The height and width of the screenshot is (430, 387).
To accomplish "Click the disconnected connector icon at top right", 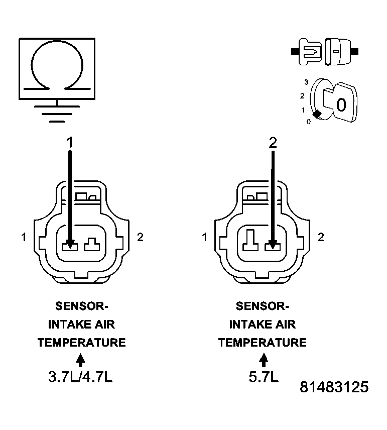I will tap(324, 51).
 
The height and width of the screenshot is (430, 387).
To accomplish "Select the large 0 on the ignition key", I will tap(341, 105).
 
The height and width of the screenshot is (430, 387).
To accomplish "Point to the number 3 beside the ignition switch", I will tap(306, 81).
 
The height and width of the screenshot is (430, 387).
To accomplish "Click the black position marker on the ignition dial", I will tap(317, 114).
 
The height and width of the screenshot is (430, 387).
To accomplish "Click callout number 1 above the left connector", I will tap(70, 143).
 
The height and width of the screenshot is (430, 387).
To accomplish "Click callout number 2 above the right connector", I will tap(273, 143).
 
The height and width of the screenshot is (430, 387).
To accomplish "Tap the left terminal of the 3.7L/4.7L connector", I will tap(69, 246).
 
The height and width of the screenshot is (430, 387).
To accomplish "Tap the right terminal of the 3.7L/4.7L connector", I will tap(92, 246).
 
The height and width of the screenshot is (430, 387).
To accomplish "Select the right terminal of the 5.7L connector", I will tap(273, 246).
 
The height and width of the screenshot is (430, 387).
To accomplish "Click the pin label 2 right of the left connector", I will tap(140, 237).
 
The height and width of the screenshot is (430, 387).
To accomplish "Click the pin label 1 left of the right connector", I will tap(204, 237).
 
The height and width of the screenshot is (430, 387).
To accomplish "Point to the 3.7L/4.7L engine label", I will tap(80, 377).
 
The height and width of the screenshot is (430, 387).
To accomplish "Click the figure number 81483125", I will tap(334, 387).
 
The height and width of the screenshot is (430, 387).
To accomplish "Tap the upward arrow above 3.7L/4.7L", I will tap(80, 360).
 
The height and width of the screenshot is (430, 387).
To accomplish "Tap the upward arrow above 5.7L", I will tap(263, 360).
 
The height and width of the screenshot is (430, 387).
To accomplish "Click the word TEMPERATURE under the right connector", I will tap(262, 343).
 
